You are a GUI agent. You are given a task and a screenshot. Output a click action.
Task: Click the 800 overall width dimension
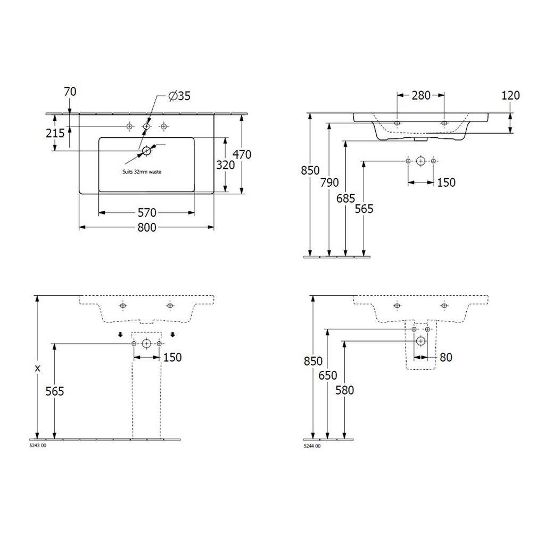(x=147, y=228)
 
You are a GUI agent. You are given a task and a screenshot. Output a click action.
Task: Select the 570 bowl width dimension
(x=147, y=213)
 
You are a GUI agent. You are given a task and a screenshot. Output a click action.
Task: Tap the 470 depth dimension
(x=242, y=154)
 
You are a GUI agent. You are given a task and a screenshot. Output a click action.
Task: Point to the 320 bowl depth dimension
(x=226, y=165)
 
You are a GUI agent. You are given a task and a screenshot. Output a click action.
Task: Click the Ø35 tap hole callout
(x=179, y=96)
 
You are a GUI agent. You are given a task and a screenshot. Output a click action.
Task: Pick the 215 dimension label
(x=55, y=133)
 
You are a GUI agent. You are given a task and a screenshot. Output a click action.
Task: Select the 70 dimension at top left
(x=70, y=92)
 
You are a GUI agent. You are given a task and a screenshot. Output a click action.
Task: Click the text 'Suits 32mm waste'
(x=142, y=172)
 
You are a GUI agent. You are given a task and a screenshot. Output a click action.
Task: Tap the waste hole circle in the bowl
(x=147, y=151)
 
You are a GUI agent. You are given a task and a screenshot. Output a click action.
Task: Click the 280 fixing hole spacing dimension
(x=421, y=95)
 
